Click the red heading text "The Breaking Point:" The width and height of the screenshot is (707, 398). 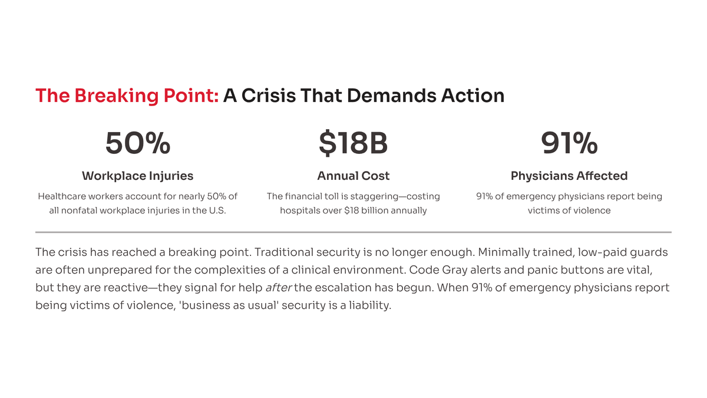click(x=127, y=96)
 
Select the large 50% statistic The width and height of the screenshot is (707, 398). click(x=138, y=143)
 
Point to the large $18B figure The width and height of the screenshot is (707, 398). click(x=353, y=143)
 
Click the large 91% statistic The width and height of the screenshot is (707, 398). click(x=569, y=143)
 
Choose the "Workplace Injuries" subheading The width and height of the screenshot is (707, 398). click(x=138, y=176)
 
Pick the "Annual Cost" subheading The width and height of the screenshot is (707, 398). click(x=353, y=176)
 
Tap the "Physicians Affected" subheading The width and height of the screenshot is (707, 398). click(x=569, y=176)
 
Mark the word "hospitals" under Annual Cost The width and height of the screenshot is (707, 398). click(x=300, y=210)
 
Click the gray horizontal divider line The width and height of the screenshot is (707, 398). click(x=353, y=232)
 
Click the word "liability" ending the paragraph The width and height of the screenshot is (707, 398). click(x=370, y=306)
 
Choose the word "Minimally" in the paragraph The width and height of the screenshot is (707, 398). click(x=506, y=253)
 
